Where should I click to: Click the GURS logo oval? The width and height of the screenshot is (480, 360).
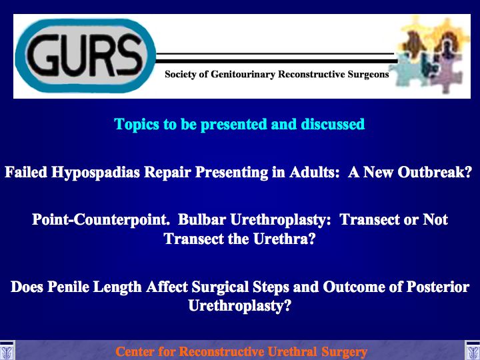[85, 56]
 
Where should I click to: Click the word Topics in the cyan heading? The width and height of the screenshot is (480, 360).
[137, 124]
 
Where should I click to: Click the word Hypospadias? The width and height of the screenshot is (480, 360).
[95, 173]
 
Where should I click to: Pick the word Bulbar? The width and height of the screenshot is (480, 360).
[202, 219]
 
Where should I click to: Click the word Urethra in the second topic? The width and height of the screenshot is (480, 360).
[281, 239]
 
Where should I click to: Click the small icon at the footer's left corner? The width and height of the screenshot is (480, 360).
[7, 350]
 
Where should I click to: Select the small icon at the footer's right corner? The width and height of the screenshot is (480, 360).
[473, 350]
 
